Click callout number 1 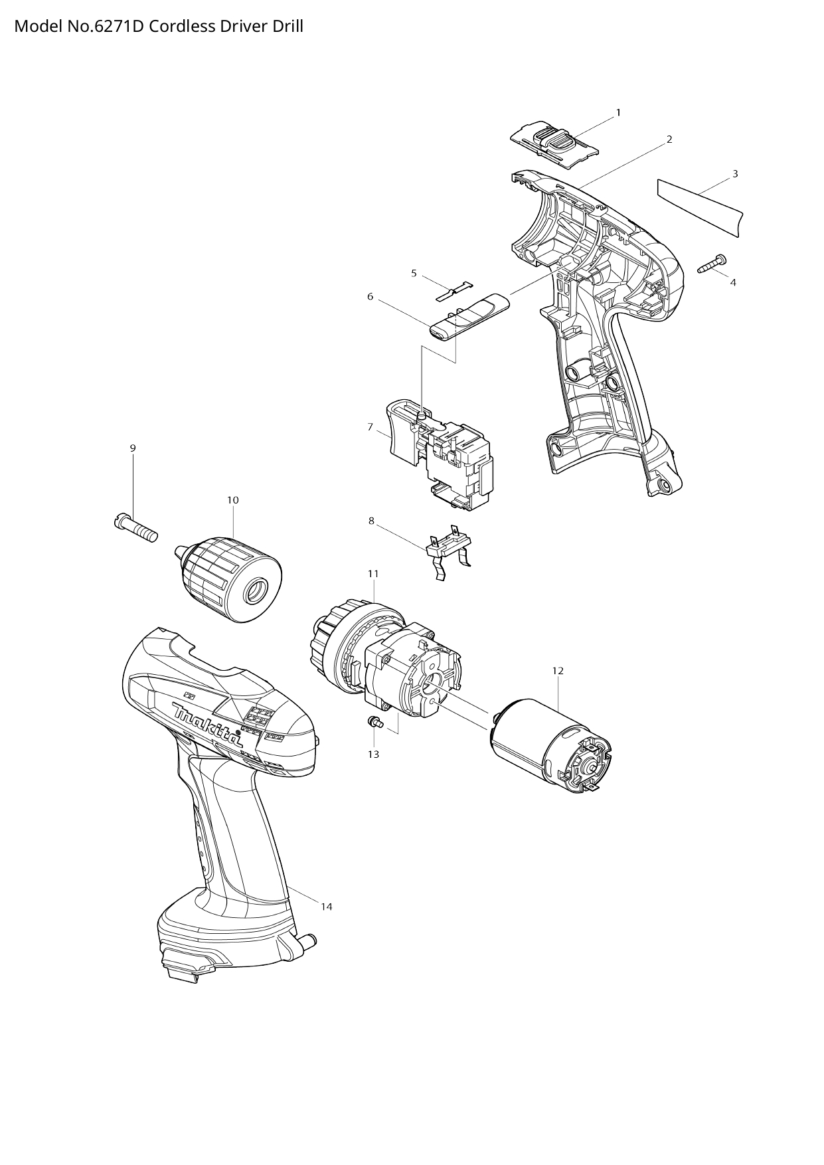618,113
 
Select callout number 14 326,907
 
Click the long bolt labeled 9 135,529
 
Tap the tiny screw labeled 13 374,723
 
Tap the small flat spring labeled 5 457,290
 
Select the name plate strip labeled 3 700,207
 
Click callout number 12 558,671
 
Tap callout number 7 370,427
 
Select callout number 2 669,139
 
